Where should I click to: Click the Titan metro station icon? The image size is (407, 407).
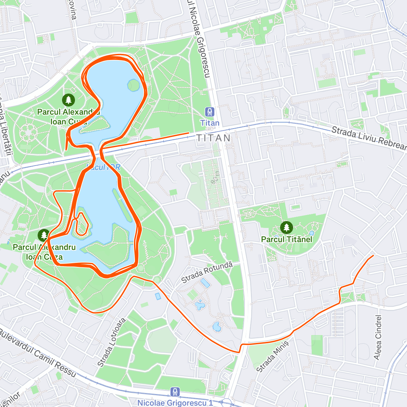point(210,112)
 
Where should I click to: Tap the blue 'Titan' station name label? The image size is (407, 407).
point(210,123)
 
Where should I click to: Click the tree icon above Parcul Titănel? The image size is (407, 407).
point(287,227)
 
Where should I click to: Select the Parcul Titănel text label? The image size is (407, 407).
point(287,239)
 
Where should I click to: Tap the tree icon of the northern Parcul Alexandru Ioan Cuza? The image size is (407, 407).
point(69,100)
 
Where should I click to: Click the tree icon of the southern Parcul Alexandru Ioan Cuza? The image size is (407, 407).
point(44,235)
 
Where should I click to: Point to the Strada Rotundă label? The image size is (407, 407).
point(207,272)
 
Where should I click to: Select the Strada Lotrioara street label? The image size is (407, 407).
point(112,343)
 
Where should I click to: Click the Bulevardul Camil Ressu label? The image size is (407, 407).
point(37,353)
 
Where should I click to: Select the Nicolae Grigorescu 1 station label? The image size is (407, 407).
point(175,403)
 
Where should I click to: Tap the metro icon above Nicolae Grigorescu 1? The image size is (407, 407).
point(175,392)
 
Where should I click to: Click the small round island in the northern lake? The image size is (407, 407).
point(133,85)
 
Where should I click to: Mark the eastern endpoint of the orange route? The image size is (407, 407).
point(373,255)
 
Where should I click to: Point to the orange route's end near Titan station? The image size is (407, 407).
point(188,133)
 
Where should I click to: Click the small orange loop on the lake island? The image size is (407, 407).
point(82,224)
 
